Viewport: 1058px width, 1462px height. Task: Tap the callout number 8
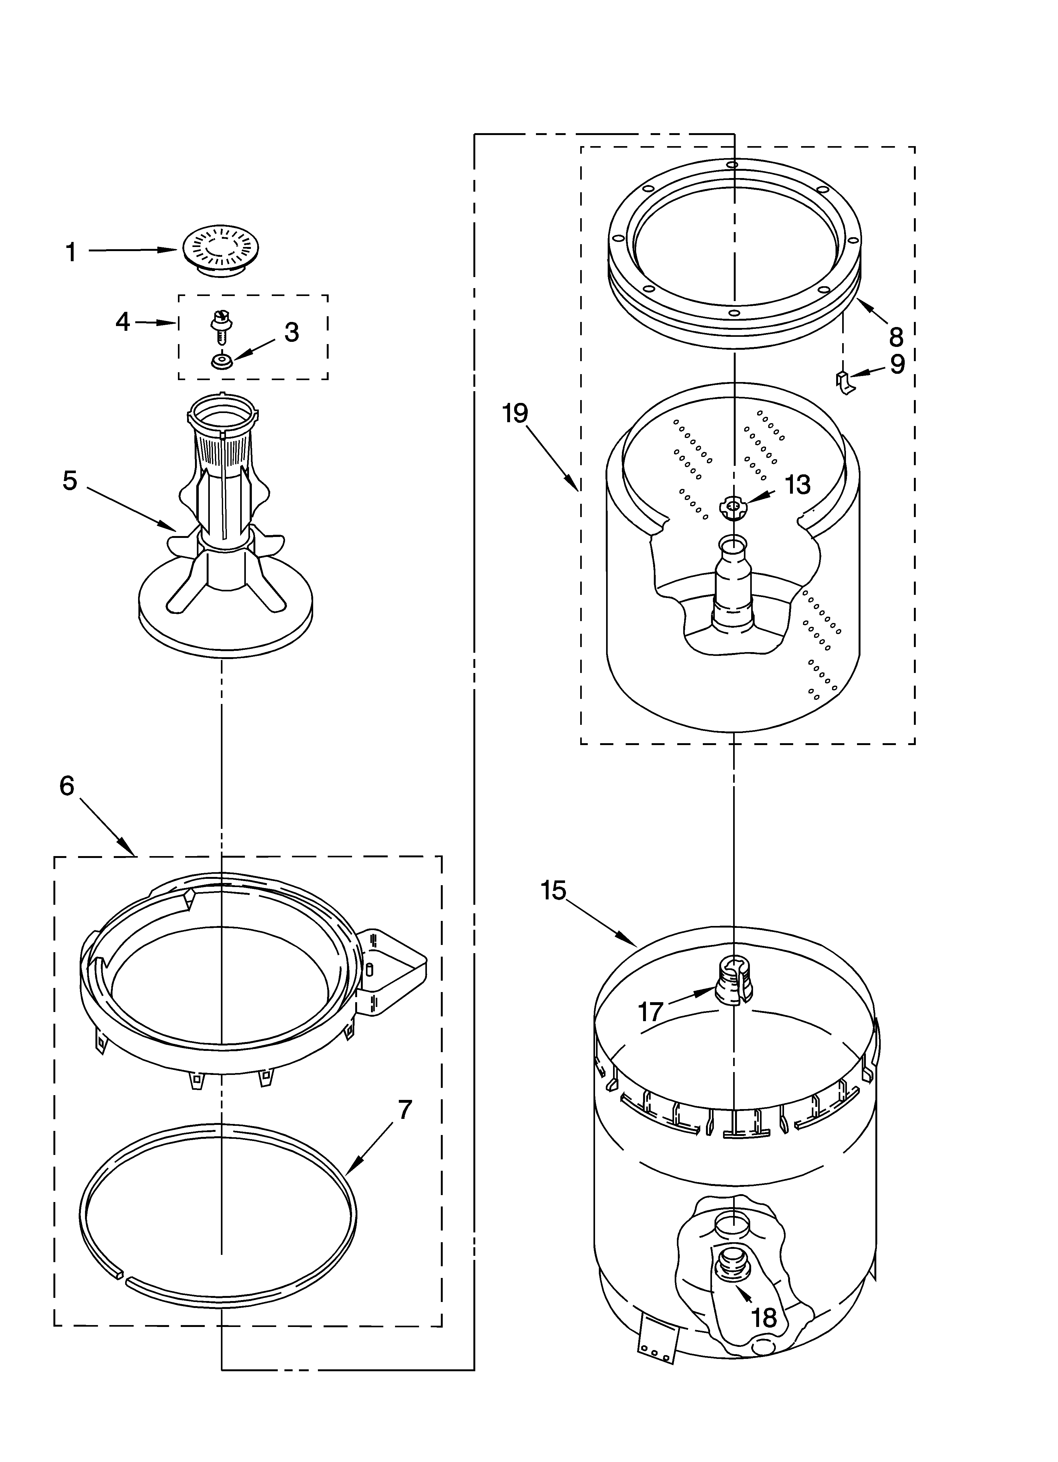[896, 336]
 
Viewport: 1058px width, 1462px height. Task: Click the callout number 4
[122, 321]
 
